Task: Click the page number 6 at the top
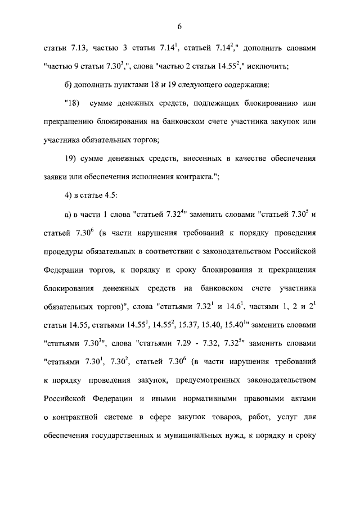pos(180,26)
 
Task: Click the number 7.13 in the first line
pos(76,49)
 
